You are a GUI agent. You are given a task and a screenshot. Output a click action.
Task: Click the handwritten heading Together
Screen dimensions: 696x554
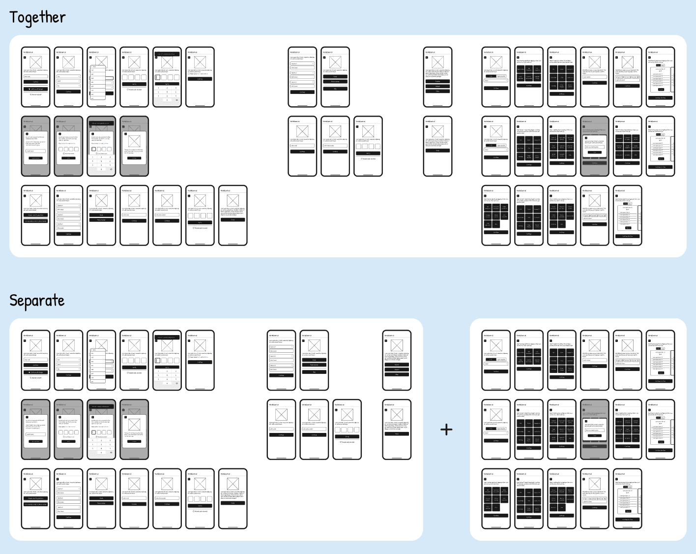click(x=37, y=18)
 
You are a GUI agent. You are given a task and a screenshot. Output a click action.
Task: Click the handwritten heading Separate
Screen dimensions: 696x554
click(x=37, y=301)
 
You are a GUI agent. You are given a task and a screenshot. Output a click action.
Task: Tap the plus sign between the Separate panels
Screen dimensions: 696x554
click(x=446, y=430)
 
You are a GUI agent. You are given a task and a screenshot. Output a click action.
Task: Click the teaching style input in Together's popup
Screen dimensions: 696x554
click(x=595, y=147)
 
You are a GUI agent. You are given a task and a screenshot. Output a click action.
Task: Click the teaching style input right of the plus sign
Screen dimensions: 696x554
click(x=595, y=430)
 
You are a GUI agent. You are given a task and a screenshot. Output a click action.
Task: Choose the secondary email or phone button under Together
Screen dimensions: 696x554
click(x=35, y=221)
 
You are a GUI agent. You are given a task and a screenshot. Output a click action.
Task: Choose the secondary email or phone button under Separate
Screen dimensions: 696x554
click(x=35, y=504)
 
